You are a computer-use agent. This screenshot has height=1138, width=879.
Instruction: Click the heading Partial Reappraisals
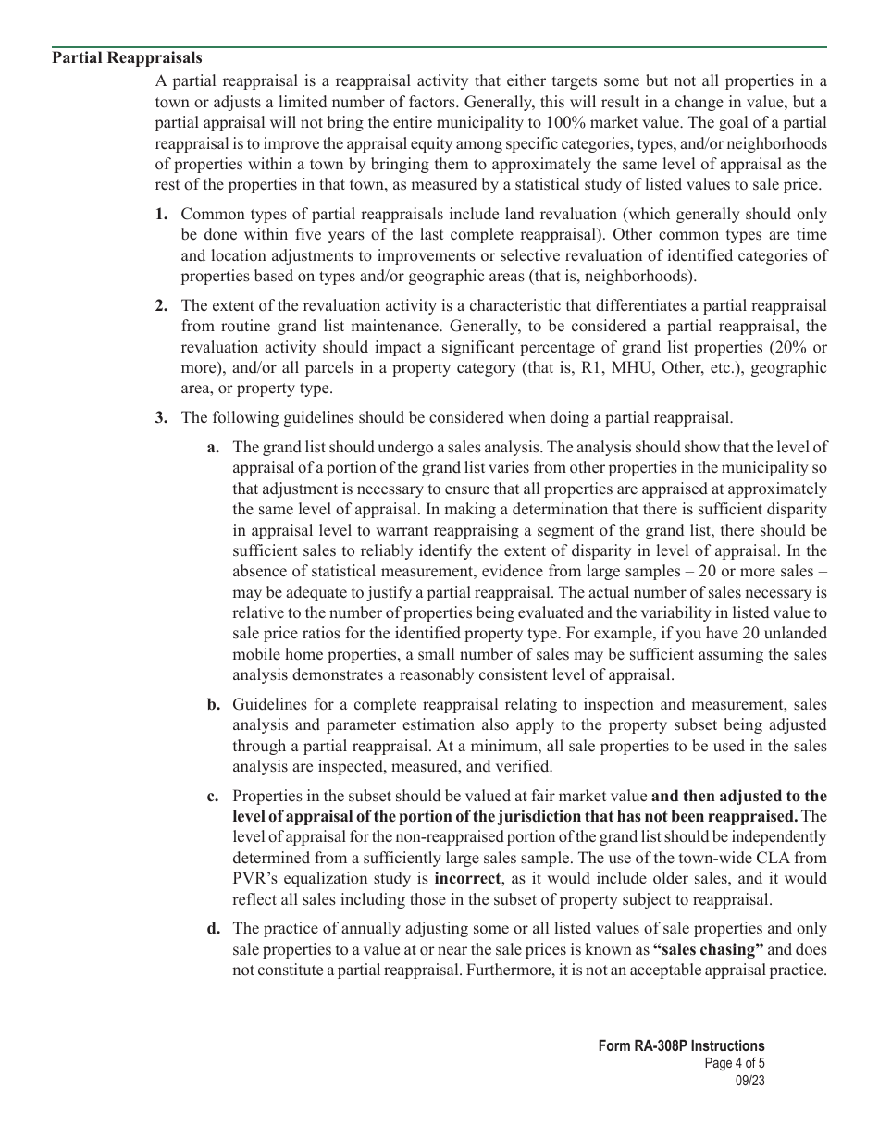pyautogui.click(x=127, y=58)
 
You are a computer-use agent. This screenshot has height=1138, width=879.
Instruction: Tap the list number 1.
pyautogui.click(x=161, y=215)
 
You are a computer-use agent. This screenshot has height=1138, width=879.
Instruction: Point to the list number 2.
pyautogui.click(x=161, y=305)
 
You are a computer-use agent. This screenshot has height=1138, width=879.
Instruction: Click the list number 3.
pyautogui.click(x=161, y=417)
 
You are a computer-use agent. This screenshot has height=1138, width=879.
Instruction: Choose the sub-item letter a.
pyautogui.click(x=213, y=448)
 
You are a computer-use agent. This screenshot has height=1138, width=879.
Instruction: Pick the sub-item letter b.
pyautogui.click(x=213, y=704)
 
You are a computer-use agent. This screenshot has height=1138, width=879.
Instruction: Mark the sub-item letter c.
pyautogui.click(x=213, y=796)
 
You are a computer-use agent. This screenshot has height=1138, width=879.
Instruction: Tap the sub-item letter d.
pyautogui.click(x=213, y=928)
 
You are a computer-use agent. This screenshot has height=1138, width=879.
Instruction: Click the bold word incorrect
pyautogui.click(x=467, y=878)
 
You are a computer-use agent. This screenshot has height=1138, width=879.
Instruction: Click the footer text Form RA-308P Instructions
pyautogui.click(x=681, y=1046)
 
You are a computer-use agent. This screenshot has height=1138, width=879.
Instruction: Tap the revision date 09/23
pyautogui.click(x=750, y=1080)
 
